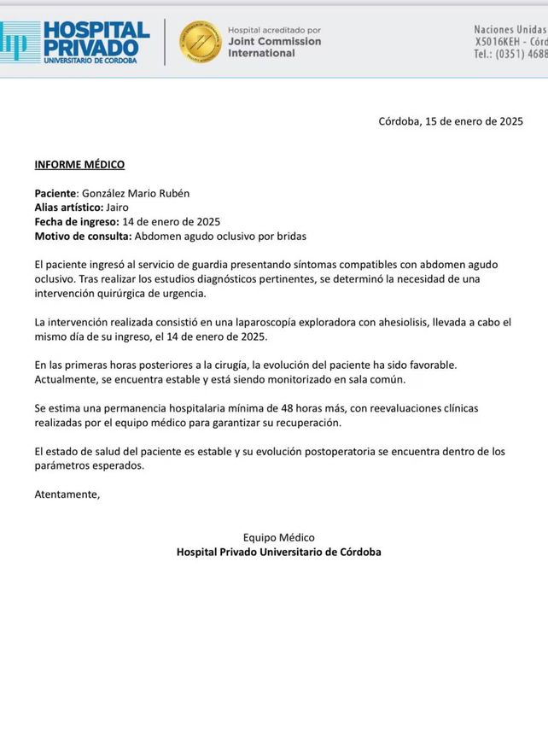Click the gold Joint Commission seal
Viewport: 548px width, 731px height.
click(200, 41)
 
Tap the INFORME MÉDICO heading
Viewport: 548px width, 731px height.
click(79, 164)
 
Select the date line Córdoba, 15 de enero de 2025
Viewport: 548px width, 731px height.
click(451, 121)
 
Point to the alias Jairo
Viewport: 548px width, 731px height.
click(120, 207)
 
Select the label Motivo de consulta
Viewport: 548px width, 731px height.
click(83, 235)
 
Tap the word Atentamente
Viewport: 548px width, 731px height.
click(67, 494)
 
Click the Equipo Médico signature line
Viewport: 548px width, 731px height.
click(278, 537)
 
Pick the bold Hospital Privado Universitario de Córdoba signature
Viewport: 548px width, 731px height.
click(278, 552)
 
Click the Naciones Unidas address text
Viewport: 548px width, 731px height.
click(510, 29)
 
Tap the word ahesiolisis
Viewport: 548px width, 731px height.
click(374, 322)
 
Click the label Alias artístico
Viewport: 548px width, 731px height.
click(68, 207)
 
